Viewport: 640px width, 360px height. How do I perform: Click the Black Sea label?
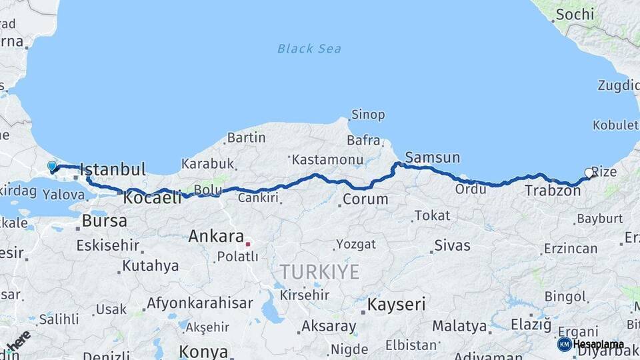click(309, 48)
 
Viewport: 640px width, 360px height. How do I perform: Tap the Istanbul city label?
click(113, 170)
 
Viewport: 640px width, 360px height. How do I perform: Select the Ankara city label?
click(215, 236)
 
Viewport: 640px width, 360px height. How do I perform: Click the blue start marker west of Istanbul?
click(52, 166)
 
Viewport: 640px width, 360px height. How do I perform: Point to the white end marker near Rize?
click(589, 173)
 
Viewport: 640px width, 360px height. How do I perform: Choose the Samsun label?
click(432, 157)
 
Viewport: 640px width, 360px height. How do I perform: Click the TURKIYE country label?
click(319, 271)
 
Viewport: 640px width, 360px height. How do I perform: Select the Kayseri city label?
click(396, 305)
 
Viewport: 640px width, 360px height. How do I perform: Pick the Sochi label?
click(575, 13)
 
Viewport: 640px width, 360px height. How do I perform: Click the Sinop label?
click(368, 115)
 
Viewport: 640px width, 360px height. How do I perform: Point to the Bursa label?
click(104, 221)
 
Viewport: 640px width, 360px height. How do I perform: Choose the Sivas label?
click(452, 245)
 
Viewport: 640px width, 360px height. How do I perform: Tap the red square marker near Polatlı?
click(247, 244)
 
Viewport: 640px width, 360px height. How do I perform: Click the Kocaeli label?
click(153, 197)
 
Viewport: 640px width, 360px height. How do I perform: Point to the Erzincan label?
click(570, 248)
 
